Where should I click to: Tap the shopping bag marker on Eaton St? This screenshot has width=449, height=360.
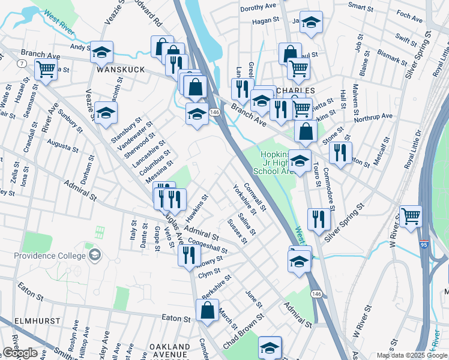coord(207,311)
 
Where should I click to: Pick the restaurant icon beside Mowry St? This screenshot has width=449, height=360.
coord(189,254)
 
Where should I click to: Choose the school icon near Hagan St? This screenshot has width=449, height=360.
coord(310,23)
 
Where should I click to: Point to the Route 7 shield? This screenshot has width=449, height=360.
coord(21,64)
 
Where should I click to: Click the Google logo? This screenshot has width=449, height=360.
coord(20,353)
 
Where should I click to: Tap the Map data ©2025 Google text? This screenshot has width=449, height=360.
coord(411,356)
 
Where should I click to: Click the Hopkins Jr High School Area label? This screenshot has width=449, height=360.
coord(278,162)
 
